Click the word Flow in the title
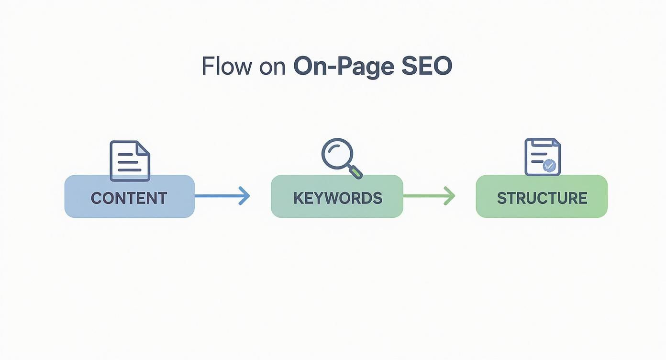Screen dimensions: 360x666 pos(226,67)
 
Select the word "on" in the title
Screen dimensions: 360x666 pos(272,67)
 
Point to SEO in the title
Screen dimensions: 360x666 pos(426,67)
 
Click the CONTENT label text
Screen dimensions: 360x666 pos(129,198)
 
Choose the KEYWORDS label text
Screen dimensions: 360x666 pos(337,198)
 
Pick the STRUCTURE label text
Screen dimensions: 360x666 pos(542,198)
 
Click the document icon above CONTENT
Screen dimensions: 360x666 pos(130,161)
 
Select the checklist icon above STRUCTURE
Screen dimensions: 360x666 pos(542,157)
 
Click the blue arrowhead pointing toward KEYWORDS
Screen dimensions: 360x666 pos(244,196)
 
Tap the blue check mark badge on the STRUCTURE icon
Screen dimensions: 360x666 pos(550,166)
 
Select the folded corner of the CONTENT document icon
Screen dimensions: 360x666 pos(144,147)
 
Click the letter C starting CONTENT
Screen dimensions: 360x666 pos(96,198)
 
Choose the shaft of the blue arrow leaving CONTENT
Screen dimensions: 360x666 pos(218,196)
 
